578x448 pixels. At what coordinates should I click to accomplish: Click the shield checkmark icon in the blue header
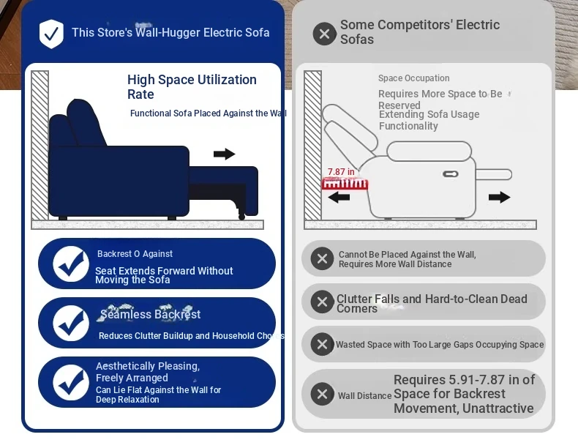51,34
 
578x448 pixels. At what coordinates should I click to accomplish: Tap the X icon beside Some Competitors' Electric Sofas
324,34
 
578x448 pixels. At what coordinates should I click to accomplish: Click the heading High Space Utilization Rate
192,86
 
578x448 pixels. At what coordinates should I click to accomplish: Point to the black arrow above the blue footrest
224,154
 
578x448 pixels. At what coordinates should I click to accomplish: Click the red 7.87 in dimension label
341,172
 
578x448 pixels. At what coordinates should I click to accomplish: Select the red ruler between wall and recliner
345,184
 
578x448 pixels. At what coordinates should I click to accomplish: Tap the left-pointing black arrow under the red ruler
339,197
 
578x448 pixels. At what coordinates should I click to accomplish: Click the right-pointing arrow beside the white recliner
500,197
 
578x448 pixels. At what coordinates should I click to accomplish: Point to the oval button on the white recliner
451,174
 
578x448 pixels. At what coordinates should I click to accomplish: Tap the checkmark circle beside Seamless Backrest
71,323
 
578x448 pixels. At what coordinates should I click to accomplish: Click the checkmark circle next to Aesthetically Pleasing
71,382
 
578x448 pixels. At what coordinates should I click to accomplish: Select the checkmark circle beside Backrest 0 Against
71,264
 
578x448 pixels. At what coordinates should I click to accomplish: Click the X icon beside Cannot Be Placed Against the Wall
322,258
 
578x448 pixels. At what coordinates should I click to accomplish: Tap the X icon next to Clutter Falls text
322,302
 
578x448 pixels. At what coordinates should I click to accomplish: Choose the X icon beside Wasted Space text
322,344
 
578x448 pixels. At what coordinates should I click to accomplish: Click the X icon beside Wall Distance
322,394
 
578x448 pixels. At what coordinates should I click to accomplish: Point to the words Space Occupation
413,78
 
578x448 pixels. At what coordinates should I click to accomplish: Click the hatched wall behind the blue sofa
40,146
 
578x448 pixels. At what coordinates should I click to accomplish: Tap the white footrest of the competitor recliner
494,174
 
